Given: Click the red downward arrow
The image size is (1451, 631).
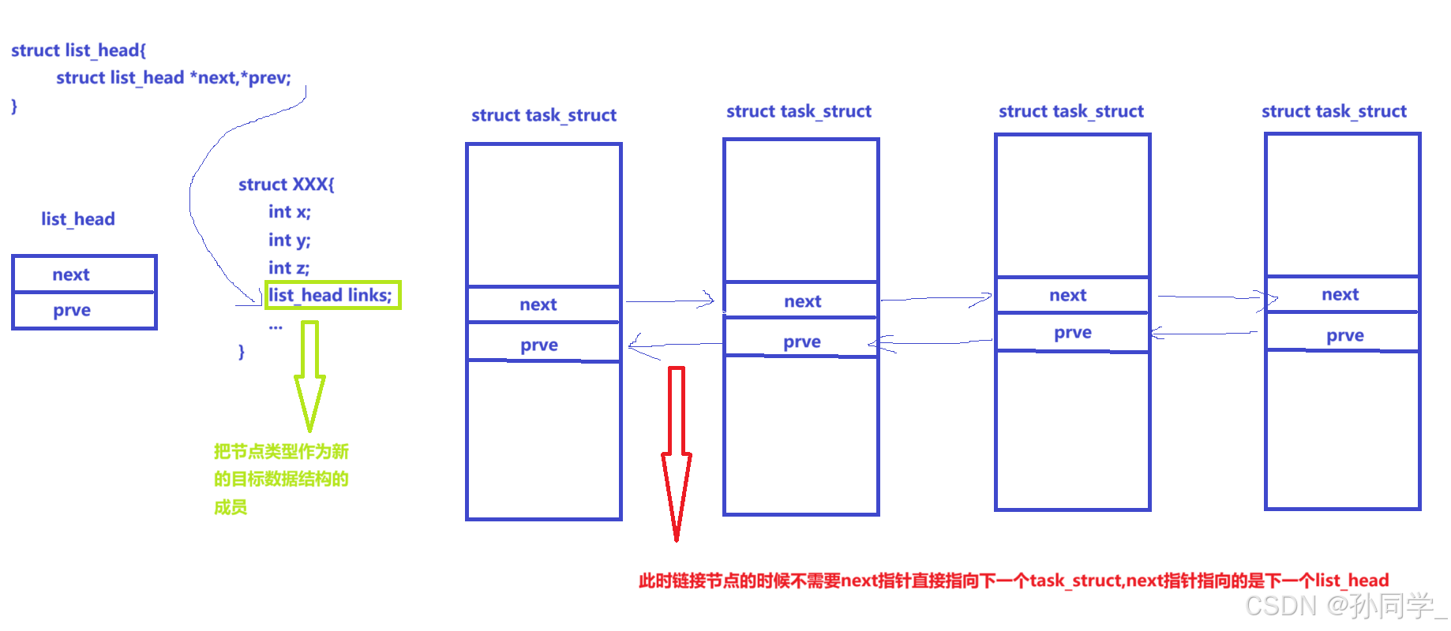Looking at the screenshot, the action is point(677,454).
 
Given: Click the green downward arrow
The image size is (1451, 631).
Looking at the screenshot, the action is point(309,377).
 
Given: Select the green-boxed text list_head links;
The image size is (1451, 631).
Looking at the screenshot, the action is point(332,295).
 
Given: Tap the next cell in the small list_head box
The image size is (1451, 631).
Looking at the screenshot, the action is point(84,274).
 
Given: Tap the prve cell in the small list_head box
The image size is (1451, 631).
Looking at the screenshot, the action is point(84,310).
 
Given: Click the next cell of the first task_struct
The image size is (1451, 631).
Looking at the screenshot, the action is point(544,304).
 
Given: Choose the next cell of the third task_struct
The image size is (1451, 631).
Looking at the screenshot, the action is point(1073,295).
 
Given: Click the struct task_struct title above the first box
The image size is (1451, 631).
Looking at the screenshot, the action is point(544,115).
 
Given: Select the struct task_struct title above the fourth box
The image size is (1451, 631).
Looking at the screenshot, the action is point(1334,111).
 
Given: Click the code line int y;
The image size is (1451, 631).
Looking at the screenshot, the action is point(290,241).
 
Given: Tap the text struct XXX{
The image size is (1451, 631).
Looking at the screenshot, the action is point(287,185).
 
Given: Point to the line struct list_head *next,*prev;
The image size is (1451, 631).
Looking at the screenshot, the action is point(174,77).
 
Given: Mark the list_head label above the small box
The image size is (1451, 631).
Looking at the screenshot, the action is point(78,218).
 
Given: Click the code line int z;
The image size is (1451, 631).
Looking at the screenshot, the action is point(289,268).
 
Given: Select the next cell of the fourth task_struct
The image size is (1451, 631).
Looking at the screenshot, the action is point(1343,294).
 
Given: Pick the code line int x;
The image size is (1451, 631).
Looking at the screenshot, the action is point(290,212).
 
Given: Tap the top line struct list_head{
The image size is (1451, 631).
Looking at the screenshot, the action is point(79,50).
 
